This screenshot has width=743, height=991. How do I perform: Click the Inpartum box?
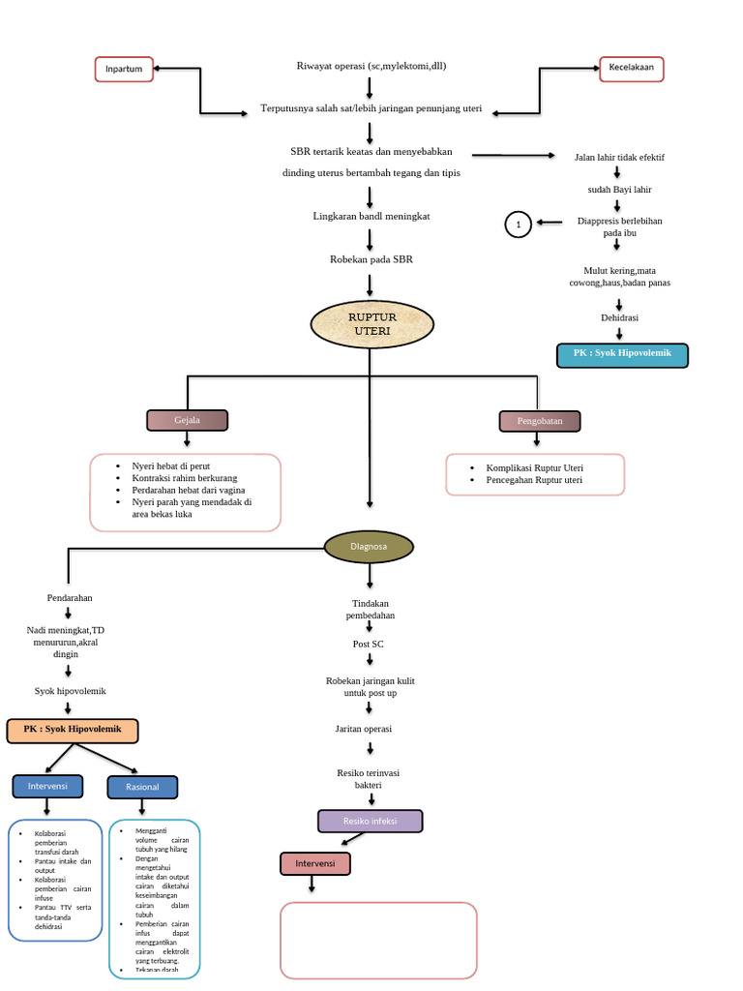tap(124, 70)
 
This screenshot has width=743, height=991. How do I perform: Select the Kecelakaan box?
tap(631, 69)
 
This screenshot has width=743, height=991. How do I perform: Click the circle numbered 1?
tap(519, 225)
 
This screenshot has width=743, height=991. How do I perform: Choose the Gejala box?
tap(187, 420)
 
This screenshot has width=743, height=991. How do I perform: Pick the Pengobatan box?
tap(540, 421)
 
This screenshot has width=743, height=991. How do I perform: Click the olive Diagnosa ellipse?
tap(369, 547)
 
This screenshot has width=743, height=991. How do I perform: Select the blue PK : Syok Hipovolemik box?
tap(622, 354)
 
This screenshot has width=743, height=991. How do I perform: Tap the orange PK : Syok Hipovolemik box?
tap(73, 731)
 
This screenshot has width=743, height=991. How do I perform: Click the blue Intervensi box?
tap(47, 786)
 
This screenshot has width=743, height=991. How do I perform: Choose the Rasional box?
tap(142, 787)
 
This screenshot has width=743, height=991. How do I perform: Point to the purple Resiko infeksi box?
tap(371, 821)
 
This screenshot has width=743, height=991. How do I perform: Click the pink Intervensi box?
tap(315, 863)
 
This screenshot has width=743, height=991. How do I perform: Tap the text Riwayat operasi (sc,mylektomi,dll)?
tap(371, 66)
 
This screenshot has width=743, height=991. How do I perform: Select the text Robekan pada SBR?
tap(371, 259)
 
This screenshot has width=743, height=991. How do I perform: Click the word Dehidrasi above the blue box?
tap(619, 317)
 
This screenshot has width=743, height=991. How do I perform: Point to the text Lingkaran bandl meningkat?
tap(371, 216)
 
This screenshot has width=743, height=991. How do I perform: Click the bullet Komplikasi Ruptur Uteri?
tap(534, 467)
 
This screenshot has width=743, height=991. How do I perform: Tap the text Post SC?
tap(369, 644)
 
